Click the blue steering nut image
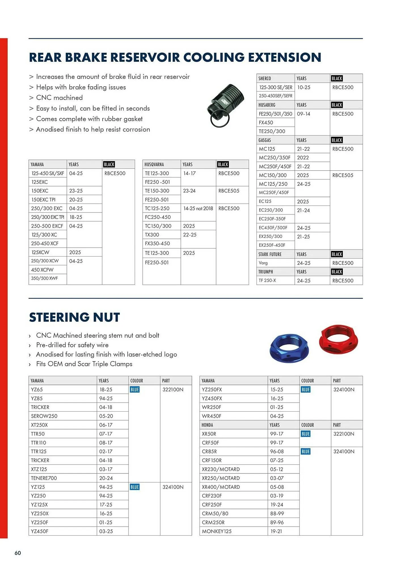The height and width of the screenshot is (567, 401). (x=289, y=348)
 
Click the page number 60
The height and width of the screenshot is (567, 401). (x=18, y=553)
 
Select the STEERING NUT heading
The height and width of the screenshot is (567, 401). (x=74, y=317)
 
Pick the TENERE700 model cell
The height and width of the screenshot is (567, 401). (x=44, y=478)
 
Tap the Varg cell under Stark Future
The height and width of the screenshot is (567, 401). (x=263, y=263)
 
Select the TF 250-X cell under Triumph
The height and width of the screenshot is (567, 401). (x=267, y=280)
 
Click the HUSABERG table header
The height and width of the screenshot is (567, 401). (x=267, y=105)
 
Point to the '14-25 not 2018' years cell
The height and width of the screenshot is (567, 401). (x=198, y=208)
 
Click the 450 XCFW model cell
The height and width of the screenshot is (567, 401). (x=42, y=270)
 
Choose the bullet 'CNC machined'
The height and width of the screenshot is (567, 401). (x=59, y=98)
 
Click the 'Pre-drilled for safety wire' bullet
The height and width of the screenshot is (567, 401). (x=72, y=345)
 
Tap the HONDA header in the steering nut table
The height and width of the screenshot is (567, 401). (x=207, y=425)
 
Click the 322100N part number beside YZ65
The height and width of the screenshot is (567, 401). (x=173, y=390)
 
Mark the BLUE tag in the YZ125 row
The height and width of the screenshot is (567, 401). (x=135, y=487)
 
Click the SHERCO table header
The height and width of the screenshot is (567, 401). (x=265, y=79)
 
